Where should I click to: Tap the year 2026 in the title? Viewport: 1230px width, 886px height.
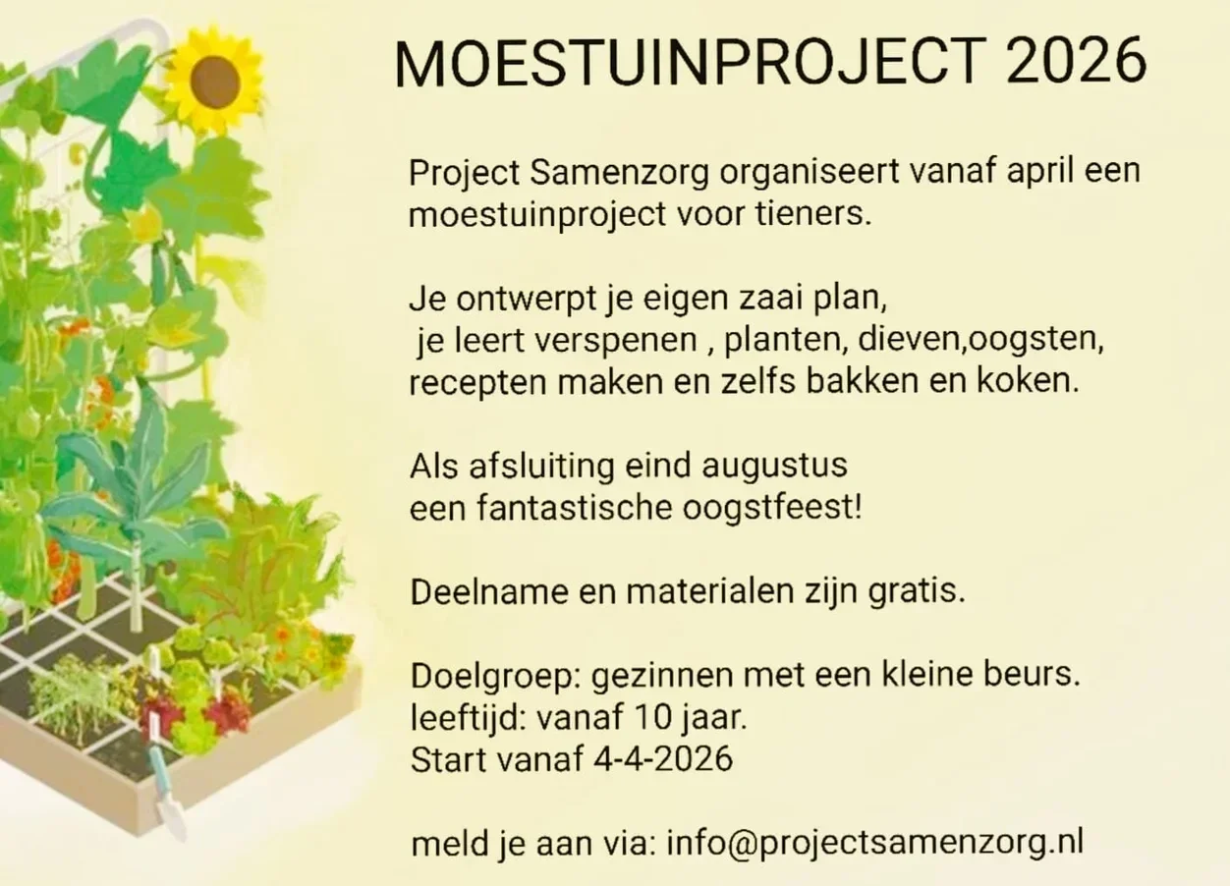tap(1077, 62)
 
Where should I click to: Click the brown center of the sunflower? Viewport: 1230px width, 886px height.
tap(215, 83)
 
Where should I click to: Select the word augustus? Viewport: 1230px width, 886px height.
tap(775, 467)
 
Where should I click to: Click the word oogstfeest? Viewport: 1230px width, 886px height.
tap(772, 509)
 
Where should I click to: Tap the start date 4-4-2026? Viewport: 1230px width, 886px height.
tap(664, 759)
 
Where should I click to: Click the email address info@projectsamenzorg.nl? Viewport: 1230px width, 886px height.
tap(875, 845)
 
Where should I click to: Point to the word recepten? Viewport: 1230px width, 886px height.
tap(478, 383)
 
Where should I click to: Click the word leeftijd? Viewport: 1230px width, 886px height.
tap(469, 718)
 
